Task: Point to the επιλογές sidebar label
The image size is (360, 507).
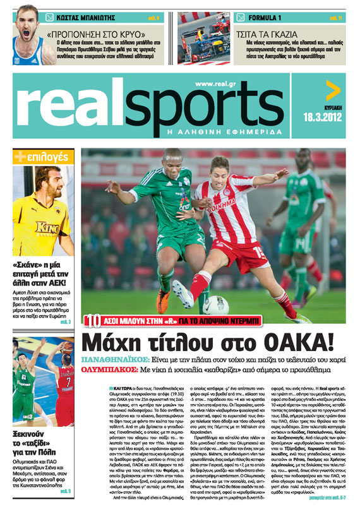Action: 45,155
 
